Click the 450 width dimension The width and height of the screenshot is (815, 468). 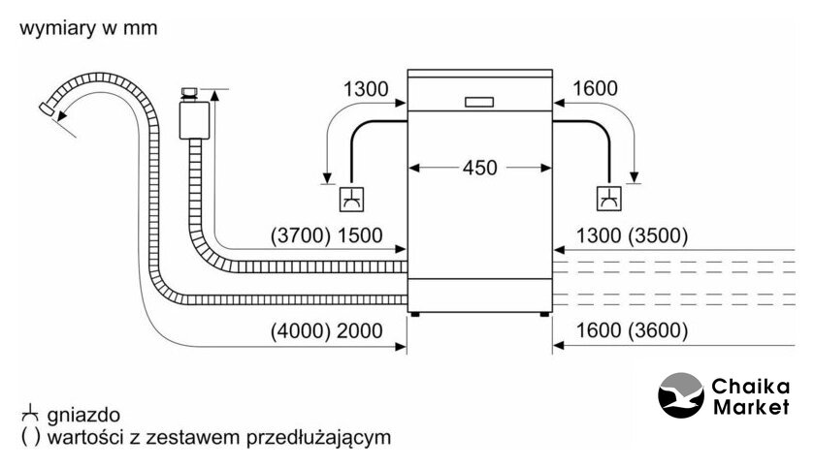pos(478,168)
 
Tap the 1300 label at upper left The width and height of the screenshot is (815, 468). pos(366,90)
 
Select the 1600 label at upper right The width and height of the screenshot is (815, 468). pos(595,90)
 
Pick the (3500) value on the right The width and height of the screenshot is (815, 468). pos(659,235)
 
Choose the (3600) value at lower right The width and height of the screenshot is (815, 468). pos(659,330)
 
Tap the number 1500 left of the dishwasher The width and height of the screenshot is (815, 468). pos(361,235)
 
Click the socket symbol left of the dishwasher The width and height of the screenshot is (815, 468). pos(349,199)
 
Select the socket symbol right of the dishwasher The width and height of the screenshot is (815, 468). pos(609,199)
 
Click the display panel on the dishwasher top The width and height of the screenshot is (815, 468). pos(479,101)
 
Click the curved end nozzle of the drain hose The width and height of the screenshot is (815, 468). pos(48,109)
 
